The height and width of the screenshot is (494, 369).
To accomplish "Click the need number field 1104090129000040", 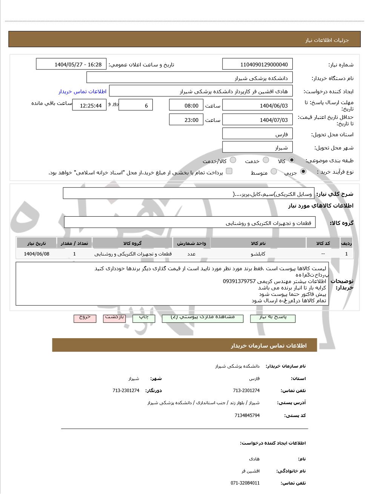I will pos(257,65).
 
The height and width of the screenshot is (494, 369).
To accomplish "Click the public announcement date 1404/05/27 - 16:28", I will pos(71,65).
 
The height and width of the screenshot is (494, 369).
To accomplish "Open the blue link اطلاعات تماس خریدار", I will pos(82,92).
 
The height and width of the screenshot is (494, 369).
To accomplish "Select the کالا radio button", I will pos(292,160).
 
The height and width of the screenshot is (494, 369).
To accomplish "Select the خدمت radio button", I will pos(266,160).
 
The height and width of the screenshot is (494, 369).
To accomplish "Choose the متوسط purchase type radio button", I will pos(274,172).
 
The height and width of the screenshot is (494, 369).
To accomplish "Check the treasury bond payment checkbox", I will pos(229,171).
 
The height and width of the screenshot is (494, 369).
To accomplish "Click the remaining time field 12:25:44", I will pos(89,106).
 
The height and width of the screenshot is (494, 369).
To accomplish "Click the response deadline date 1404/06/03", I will pos(257,106).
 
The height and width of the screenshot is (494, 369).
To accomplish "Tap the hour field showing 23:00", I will pos(186,120).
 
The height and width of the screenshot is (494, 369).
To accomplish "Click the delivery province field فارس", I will pos(257,134).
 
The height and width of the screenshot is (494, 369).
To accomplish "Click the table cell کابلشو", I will pos(258,254).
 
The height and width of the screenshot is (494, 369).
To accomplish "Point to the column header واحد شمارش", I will pos(192,243).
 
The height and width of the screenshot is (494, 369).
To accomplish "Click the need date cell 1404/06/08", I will pos(37,254).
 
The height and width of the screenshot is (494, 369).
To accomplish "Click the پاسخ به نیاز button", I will pos(272,318).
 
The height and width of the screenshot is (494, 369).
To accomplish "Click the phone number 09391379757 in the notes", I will pos(239,282).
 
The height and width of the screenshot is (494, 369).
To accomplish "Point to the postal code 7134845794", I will pos(247,416).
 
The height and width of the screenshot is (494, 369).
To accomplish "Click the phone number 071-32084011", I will pos(245,483).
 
